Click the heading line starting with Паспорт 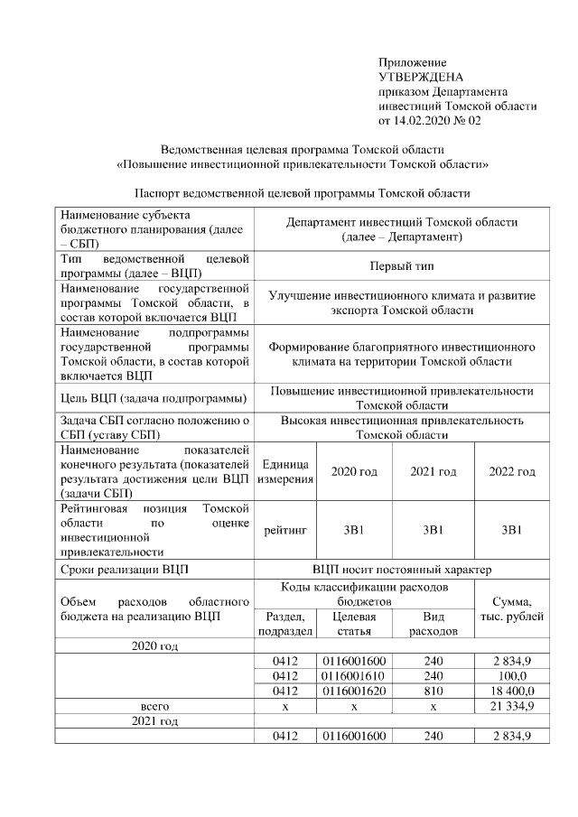click(303, 193)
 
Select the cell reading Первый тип click(402, 267)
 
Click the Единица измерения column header click(285, 471)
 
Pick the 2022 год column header click(511, 471)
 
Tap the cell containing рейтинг click(285, 529)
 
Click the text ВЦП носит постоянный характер click(402, 570)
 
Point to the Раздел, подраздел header click(285, 623)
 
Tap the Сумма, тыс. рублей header click(511, 608)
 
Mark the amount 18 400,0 click(511, 690)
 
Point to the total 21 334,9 click(511, 705)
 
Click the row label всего click(155, 705)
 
